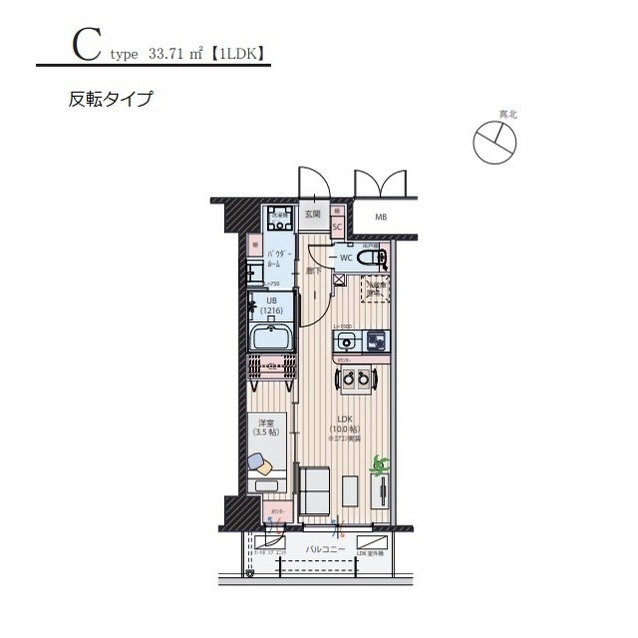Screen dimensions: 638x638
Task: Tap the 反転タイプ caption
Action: pos(110,99)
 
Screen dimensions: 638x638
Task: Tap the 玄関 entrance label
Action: pos(312,213)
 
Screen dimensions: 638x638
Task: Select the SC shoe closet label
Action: pos(337,226)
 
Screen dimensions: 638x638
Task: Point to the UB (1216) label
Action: pos(272,305)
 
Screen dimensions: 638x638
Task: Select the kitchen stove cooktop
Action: pos(377,341)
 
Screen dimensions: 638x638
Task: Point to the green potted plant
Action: pos(378,465)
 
